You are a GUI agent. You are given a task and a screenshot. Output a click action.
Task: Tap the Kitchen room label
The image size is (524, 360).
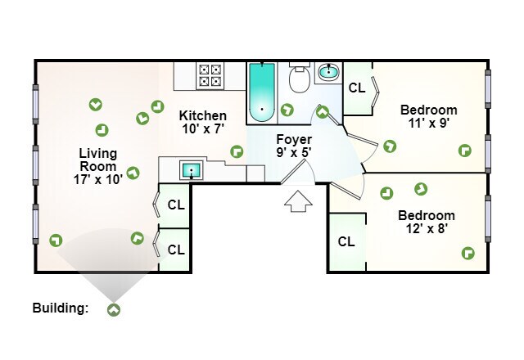pos(203,122)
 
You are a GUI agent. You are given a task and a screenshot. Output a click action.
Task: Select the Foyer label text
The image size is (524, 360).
pos(293,145)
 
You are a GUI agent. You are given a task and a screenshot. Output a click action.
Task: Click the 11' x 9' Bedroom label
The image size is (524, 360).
pos(427,116)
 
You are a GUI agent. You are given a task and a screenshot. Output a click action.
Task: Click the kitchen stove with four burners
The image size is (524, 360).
pos(210,76)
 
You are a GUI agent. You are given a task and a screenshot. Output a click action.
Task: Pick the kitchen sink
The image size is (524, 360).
pos(191,170)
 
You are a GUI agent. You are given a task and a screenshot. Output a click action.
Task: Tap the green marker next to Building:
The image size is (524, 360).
pos(113,309)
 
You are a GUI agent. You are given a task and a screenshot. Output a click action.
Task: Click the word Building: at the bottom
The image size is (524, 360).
pos(60,308)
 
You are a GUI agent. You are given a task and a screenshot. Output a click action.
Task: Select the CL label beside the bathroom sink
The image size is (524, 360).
pos(357,88)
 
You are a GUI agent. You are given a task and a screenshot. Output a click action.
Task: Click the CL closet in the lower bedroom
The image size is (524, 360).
pos(346,241)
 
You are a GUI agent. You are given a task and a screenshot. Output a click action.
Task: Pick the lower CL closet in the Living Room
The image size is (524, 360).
pos(176,249)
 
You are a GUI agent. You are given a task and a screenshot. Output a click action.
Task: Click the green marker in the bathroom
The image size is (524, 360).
pos(287,109)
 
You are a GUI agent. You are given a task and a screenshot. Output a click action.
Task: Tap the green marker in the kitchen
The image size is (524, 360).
pos(237,151)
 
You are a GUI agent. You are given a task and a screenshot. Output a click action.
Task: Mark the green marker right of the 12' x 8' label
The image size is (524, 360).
pos(469,253)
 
